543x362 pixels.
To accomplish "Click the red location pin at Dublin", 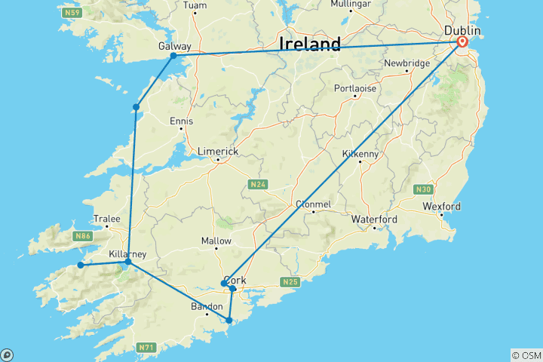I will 462,42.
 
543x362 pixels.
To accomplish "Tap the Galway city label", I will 173,46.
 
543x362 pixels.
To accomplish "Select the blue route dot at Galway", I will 173,56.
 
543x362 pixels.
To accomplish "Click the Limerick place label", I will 217,152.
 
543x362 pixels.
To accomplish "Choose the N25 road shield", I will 291,282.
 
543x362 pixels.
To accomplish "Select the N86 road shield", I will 82,236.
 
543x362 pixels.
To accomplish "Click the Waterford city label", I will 374,219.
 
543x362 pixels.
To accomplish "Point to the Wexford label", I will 441,206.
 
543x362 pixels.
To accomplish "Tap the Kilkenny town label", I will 361,154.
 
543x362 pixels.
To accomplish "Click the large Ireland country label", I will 310,44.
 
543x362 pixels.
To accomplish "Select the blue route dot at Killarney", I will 128,262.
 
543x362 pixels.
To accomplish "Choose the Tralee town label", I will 106,219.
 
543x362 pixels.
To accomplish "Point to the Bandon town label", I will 207,306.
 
